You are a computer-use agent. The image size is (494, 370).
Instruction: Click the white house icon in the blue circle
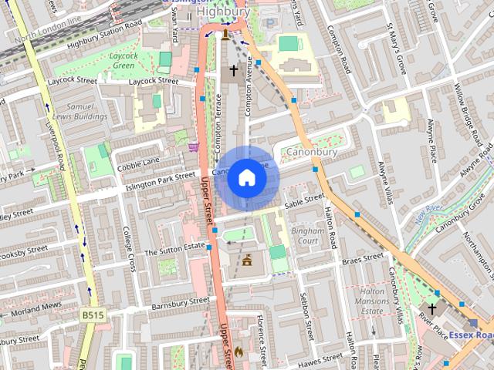coord(246,178)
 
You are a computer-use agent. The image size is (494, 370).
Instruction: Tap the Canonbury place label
coord(313,153)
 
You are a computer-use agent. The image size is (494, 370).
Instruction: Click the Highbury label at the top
coord(223,12)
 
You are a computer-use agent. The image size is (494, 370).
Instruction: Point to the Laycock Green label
coord(123,61)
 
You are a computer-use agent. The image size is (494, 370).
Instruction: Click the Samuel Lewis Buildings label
coord(86,111)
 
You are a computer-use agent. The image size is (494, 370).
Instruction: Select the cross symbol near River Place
coord(432,308)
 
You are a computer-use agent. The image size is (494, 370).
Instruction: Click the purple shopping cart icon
coord(192,145)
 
